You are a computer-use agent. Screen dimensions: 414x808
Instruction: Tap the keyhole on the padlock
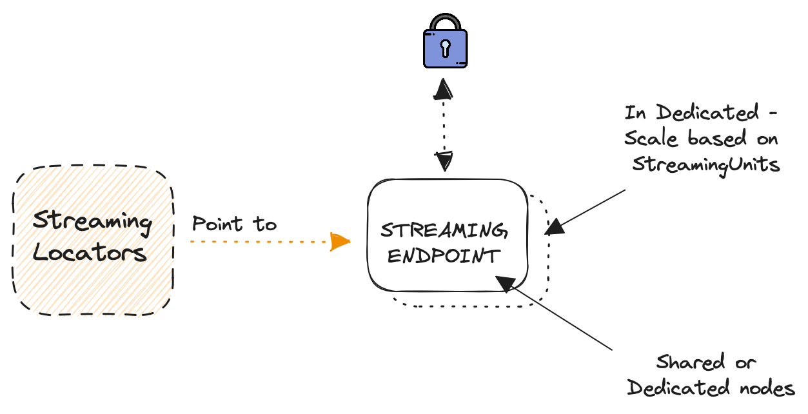(x=445, y=48)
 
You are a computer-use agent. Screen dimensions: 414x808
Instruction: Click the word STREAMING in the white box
(x=442, y=230)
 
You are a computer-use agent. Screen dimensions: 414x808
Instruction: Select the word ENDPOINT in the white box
(x=443, y=256)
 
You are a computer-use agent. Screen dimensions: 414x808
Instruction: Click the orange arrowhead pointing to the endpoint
(x=340, y=242)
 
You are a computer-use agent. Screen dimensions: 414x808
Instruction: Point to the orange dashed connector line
(x=258, y=242)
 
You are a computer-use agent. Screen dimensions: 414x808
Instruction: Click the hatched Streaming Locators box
(x=94, y=242)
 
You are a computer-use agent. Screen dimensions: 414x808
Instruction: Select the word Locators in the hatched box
(x=90, y=254)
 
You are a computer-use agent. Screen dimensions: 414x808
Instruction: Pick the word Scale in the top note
(x=652, y=139)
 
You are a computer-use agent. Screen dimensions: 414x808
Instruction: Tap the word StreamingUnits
(x=705, y=164)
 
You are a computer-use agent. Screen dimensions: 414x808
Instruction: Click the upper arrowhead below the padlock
(x=444, y=88)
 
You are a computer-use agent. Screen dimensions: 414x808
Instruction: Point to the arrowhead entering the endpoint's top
(x=444, y=162)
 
